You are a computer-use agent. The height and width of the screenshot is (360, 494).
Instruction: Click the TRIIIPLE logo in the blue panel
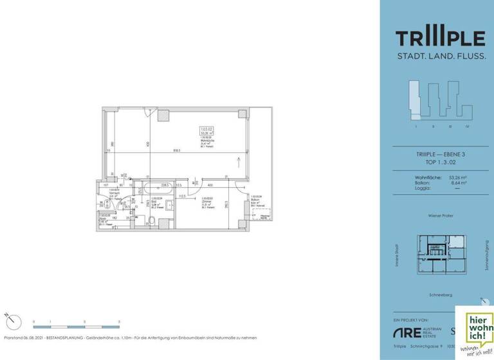(x=440, y=37)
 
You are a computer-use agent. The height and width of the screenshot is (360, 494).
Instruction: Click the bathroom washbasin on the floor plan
(x=170, y=206)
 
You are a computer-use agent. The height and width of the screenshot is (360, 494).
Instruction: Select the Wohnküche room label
(x=207, y=138)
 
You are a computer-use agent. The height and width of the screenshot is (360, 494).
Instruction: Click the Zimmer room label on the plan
(x=206, y=201)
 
